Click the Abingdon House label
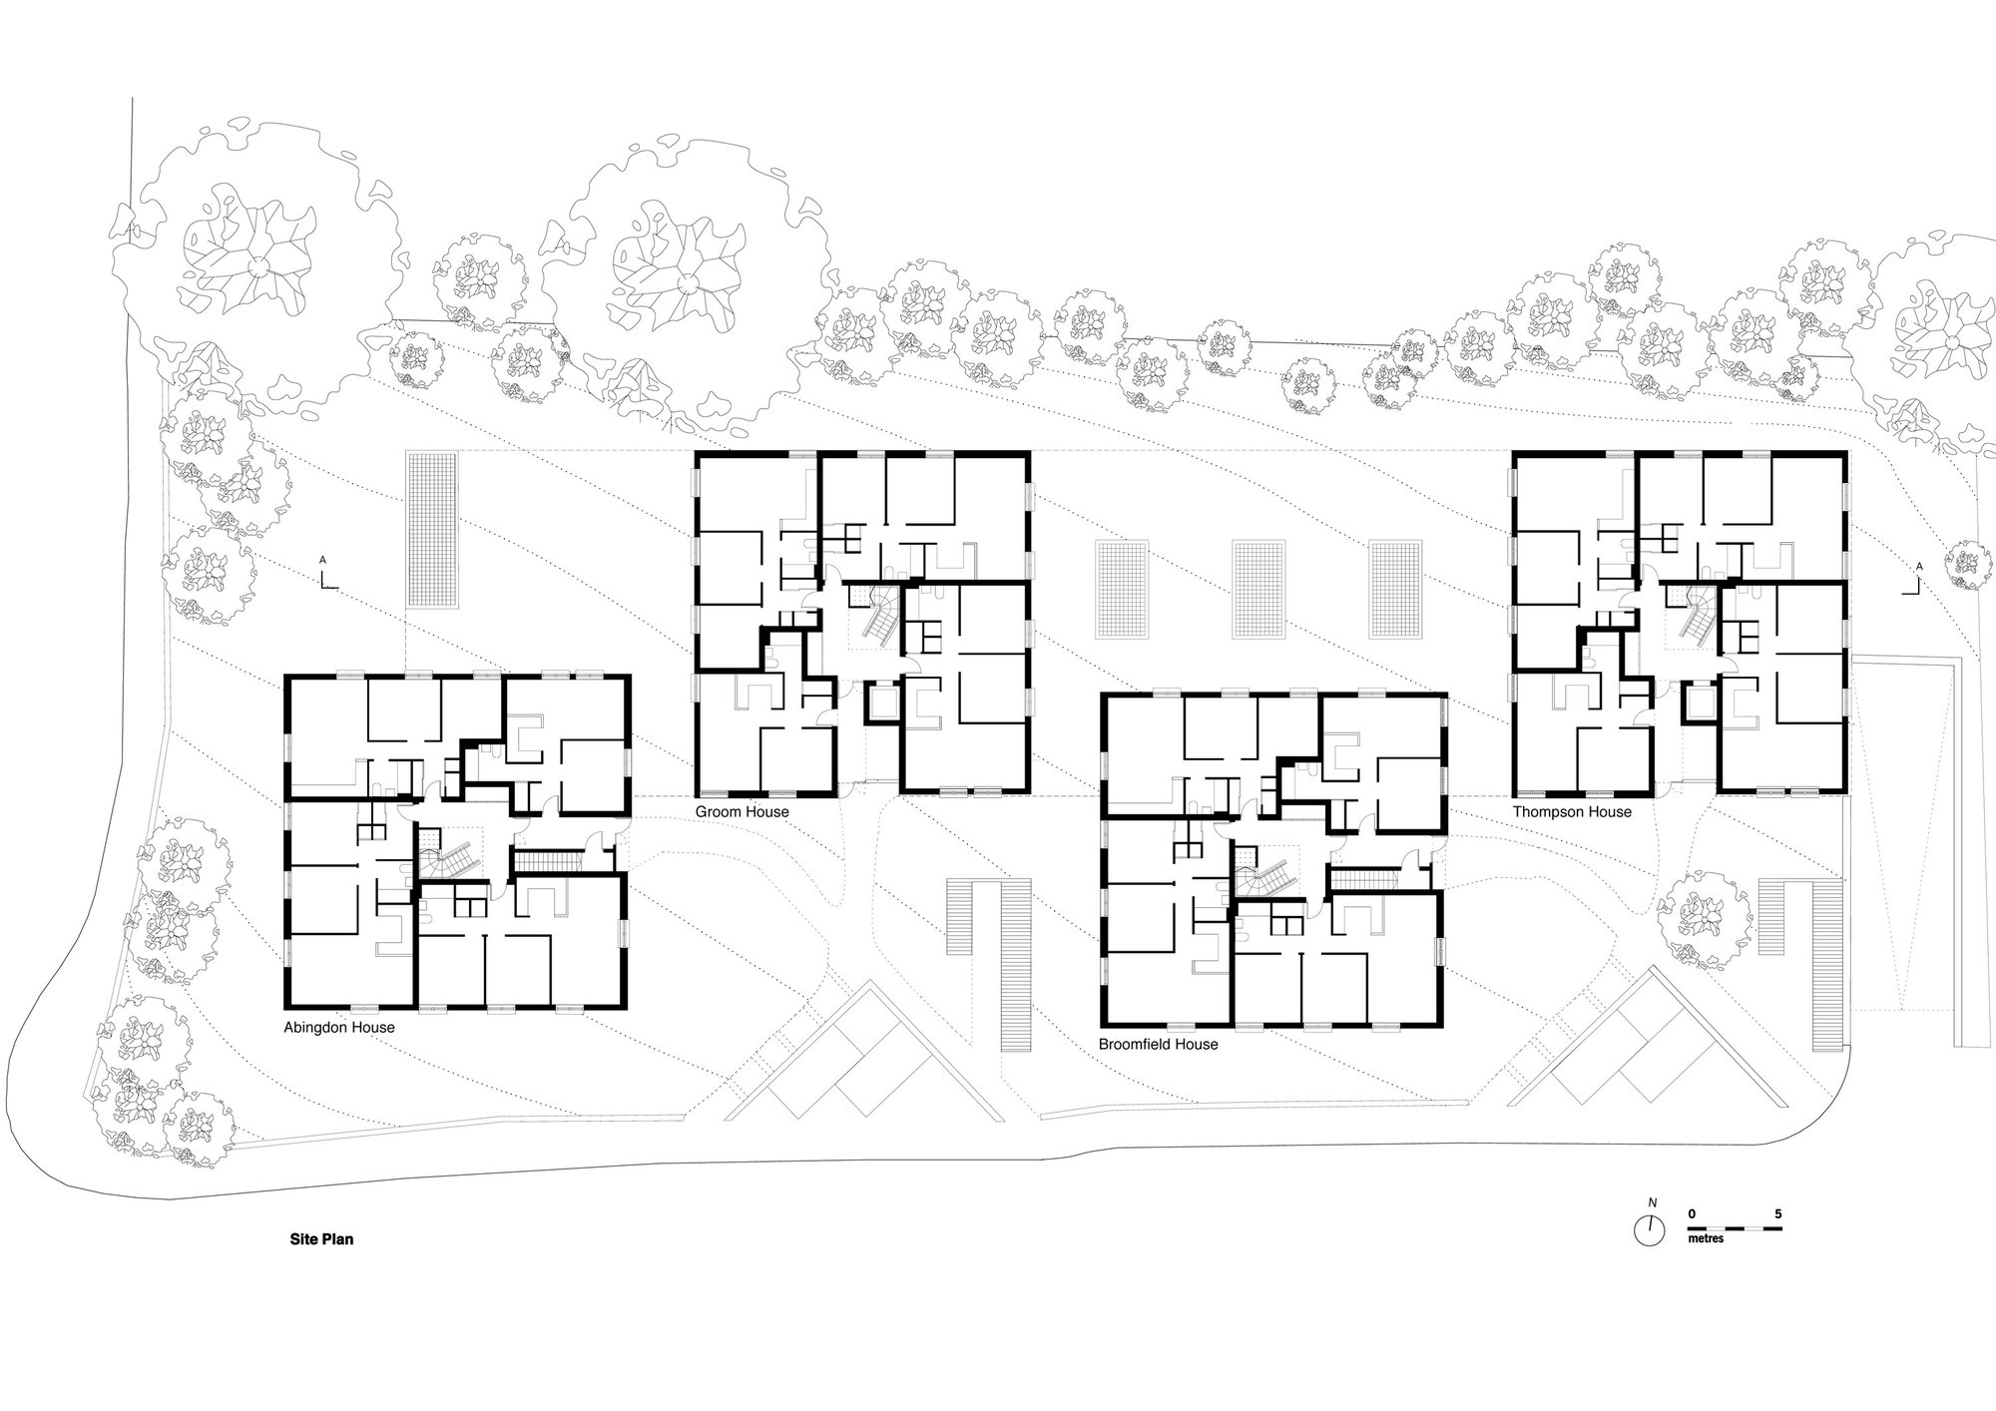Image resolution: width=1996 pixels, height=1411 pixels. (x=339, y=1028)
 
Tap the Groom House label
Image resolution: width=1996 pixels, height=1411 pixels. (x=742, y=812)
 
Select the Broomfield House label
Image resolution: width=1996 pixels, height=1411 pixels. (x=1158, y=1045)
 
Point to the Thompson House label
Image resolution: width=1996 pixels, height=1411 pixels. (x=1572, y=812)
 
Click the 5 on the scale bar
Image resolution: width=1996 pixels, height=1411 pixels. (x=1777, y=1215)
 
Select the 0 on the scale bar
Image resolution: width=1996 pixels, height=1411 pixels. (x=1692, y=1215)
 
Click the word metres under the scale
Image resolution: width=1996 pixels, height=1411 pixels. (x=1706, y=1238)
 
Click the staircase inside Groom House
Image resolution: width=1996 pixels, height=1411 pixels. (x=874, y=617)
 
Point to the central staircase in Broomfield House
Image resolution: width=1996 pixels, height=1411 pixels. (x=1265, y=875)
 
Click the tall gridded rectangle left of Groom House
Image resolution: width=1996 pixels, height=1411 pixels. (x=431, y=528)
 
